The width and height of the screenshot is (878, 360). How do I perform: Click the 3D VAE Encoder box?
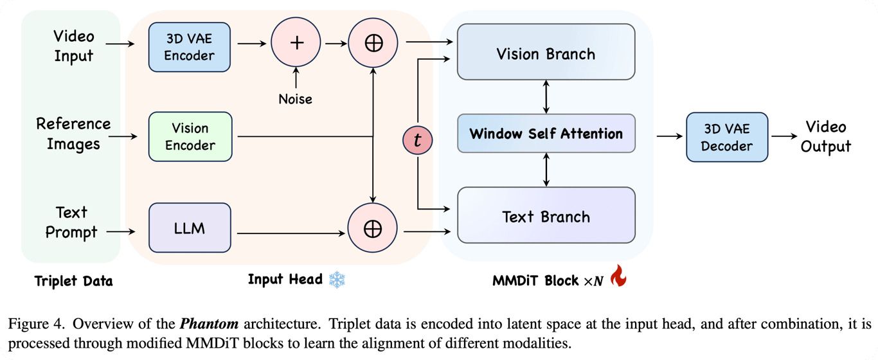pyautogui.click(x=190, y=46)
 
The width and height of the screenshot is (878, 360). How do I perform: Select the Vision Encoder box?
pyautogui.click(x=190, y=136)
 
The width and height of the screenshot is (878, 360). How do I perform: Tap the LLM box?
pyautogui.click(x=190, y=227)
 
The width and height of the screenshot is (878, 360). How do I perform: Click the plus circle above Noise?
pyautogui.click(x=296, y=43)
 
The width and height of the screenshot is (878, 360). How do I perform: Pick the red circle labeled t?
pyautogui.click(x=418, y=140)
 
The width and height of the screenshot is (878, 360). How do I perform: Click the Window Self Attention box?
pyautogui.click(x=546, y=134)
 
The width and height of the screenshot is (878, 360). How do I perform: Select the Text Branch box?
pyautogui.click(x=546, y=215)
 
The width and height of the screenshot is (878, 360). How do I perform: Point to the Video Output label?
pyautogui.click(x=827, y=136)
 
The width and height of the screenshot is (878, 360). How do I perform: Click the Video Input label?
pyautogui.click(x=73, y=46)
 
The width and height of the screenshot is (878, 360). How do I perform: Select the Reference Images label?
pyautogui.click(x=73, y=134)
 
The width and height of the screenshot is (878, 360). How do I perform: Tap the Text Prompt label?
pyautogui.click(x=71, y=222)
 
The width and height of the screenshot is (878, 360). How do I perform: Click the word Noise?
pyautogui.click(x=296, y=100)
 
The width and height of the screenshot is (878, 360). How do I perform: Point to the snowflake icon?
pyautogui.click(x=337, y=280)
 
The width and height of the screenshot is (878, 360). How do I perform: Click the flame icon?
pyautogui.click(x=618, y=276)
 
